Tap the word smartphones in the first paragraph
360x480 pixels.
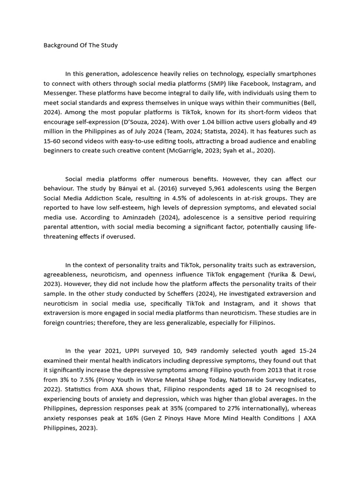tap(298, 74)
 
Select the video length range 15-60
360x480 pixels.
tap(52, 141)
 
